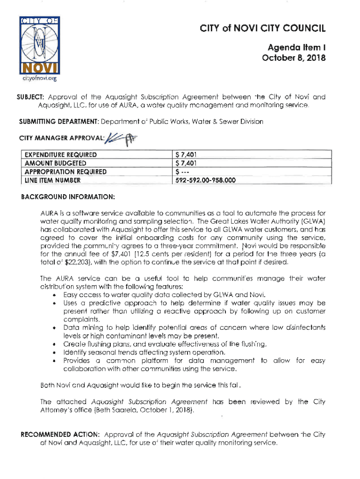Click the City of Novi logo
pos(38,45)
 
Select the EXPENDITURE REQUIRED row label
pos(61,154)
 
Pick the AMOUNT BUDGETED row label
pos(56,163)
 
